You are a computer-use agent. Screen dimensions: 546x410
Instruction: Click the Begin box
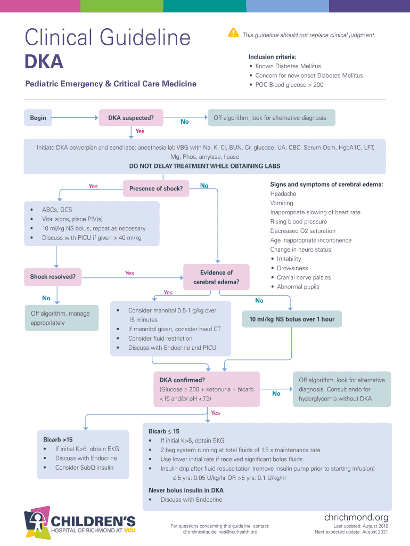tap(38, 118)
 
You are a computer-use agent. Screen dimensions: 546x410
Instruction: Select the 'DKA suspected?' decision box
tap(131, 118)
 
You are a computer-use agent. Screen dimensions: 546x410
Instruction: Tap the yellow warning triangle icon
tap(233, 33)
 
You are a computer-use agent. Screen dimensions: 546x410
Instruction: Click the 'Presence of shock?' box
tap(156, 188)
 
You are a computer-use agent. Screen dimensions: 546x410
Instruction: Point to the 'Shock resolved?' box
tap(53, 277)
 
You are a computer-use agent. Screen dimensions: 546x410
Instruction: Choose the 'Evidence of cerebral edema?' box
tap(216, 277)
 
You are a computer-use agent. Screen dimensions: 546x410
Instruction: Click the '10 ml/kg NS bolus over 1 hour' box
tap(291, 319)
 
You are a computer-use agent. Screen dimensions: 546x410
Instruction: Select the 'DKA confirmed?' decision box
tap(207, 389)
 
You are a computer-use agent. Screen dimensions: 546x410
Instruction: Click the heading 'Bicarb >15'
tap(58, 439)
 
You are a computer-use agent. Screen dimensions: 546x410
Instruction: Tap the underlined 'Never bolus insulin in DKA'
tap(186, 490)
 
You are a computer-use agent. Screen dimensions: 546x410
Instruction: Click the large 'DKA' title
tap(44, 62)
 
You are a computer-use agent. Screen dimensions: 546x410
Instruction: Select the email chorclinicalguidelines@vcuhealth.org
tap(220, 532)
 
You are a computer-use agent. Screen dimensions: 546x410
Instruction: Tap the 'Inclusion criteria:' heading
tap(272, 57)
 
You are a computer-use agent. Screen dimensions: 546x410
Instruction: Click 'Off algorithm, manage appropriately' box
tap(61, 318)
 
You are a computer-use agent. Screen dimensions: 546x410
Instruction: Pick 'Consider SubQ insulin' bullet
tap(84, 468)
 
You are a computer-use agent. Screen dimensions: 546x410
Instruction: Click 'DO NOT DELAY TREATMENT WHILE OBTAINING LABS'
tap(204, 166)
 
